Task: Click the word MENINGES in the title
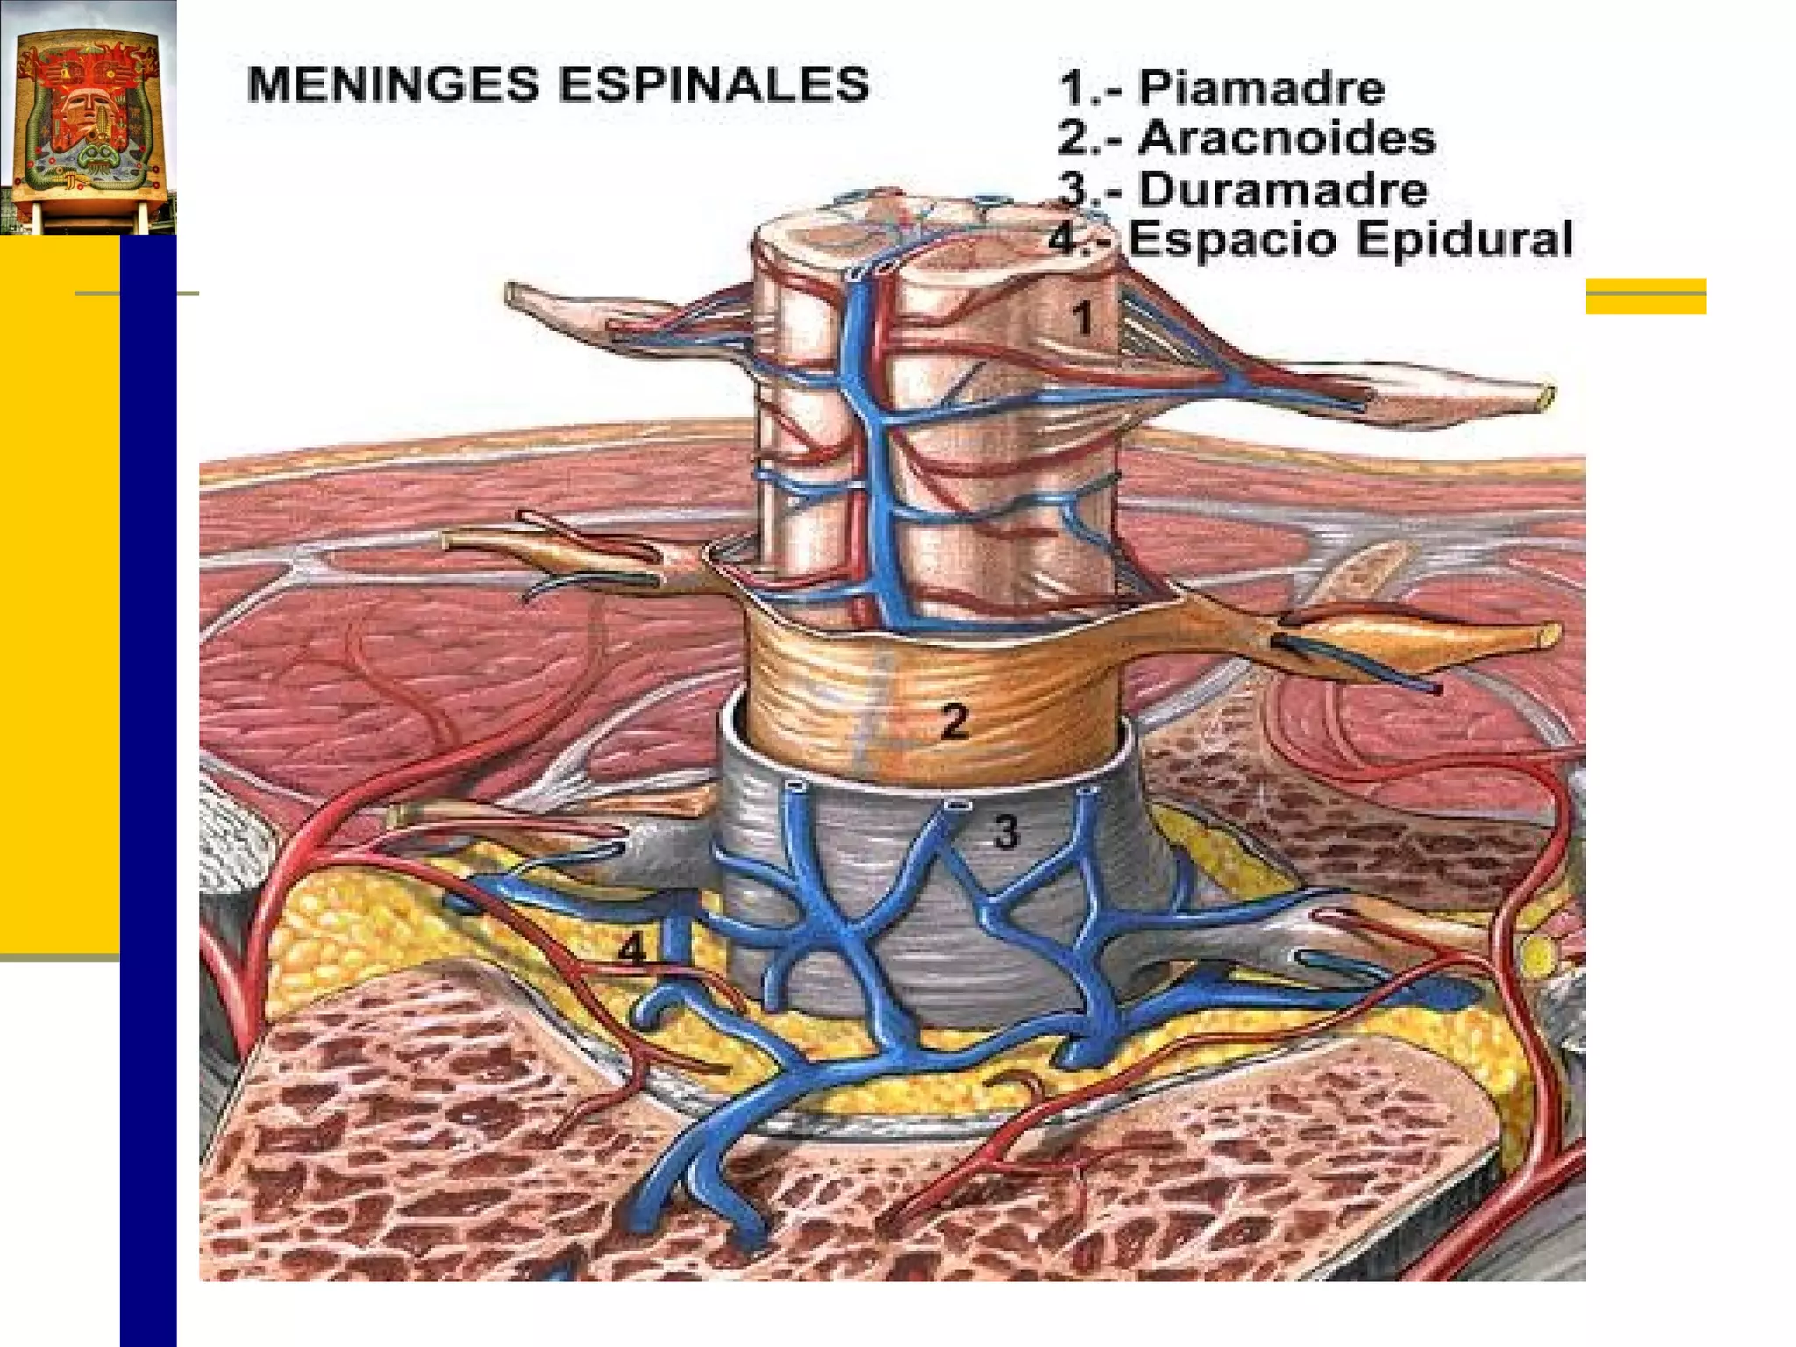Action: click(396, 85)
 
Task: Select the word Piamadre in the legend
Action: click(1261, 88)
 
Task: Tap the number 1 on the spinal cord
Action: click(1084, 317)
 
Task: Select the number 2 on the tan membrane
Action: click(954, 721)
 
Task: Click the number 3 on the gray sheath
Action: click(1007, 830)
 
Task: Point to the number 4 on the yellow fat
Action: click(632, 949)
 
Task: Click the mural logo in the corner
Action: click(88, 118)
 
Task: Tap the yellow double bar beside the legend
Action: click(1645, 296)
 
